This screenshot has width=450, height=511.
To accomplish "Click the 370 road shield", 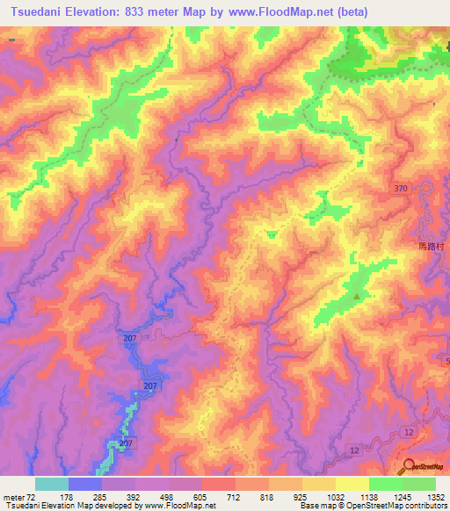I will click(x=401, y=189).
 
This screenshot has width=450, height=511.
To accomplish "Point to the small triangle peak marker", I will click(x=357, y=296).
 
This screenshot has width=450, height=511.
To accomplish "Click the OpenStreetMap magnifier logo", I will click(x=410, y=465).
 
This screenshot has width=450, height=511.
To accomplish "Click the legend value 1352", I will click(x=436, y=496).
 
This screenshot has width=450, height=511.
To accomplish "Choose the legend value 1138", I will click(x=369, y=496).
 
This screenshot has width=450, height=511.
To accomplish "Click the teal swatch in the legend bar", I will click(x=52, y=484).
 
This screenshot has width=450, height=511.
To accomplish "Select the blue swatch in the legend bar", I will click(x=85, y=484).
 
